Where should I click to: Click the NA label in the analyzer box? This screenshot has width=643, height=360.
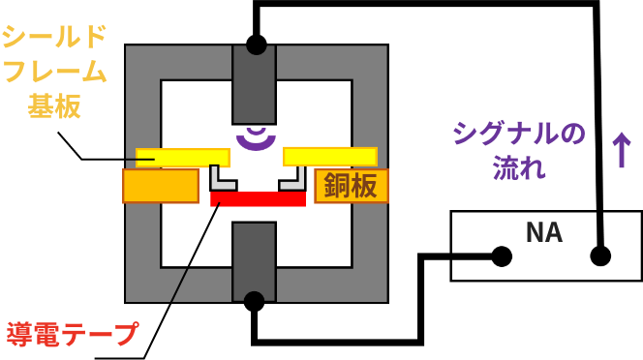click(543, 232)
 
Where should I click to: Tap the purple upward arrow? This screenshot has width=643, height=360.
click(621, 150)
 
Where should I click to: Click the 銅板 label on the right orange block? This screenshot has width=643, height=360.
click(351, 185)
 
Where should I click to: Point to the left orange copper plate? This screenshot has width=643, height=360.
click(161, 186)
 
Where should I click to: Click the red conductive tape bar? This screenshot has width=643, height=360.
click(258, 198)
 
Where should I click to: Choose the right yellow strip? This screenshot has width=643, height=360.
click(329, 157)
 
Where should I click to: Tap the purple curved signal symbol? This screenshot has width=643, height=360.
click(256, 137)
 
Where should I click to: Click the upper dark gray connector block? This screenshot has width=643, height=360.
click(254, 85)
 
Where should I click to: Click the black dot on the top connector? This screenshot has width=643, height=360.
click(256, 45)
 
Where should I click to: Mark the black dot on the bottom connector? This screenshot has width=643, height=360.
click(254, 301)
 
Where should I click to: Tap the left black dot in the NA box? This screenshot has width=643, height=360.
click(502, 256)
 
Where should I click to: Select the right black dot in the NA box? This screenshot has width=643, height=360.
click(600, 256)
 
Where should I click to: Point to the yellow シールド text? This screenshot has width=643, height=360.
click(54, 37)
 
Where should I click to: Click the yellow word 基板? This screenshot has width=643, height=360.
click(54, 105)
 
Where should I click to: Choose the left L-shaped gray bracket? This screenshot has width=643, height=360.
click(221, 180)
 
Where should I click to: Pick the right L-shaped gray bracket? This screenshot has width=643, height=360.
click(293, 180)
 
